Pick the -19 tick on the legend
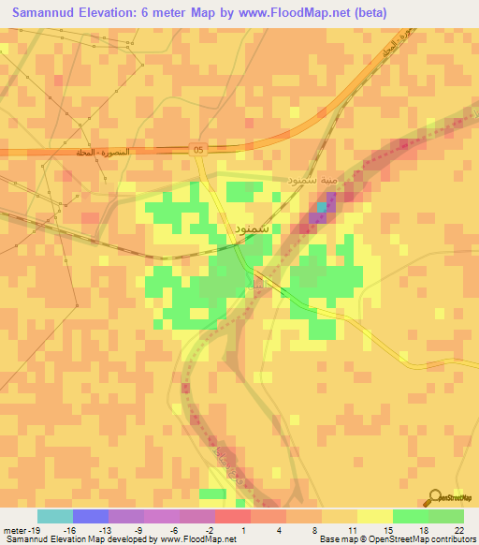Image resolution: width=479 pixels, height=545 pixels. pyautogui.click(x=36, y=529)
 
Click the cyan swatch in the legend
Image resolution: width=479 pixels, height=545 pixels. pyautogui.click(x=54, y=516)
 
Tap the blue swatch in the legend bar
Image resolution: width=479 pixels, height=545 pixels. pyautogui.click(x=91, y=516)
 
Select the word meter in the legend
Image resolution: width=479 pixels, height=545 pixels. pyautogui.click(x=13, y=529)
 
